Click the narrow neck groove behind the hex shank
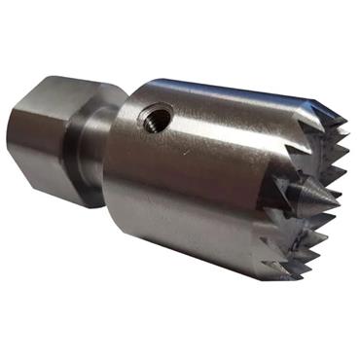93,146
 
